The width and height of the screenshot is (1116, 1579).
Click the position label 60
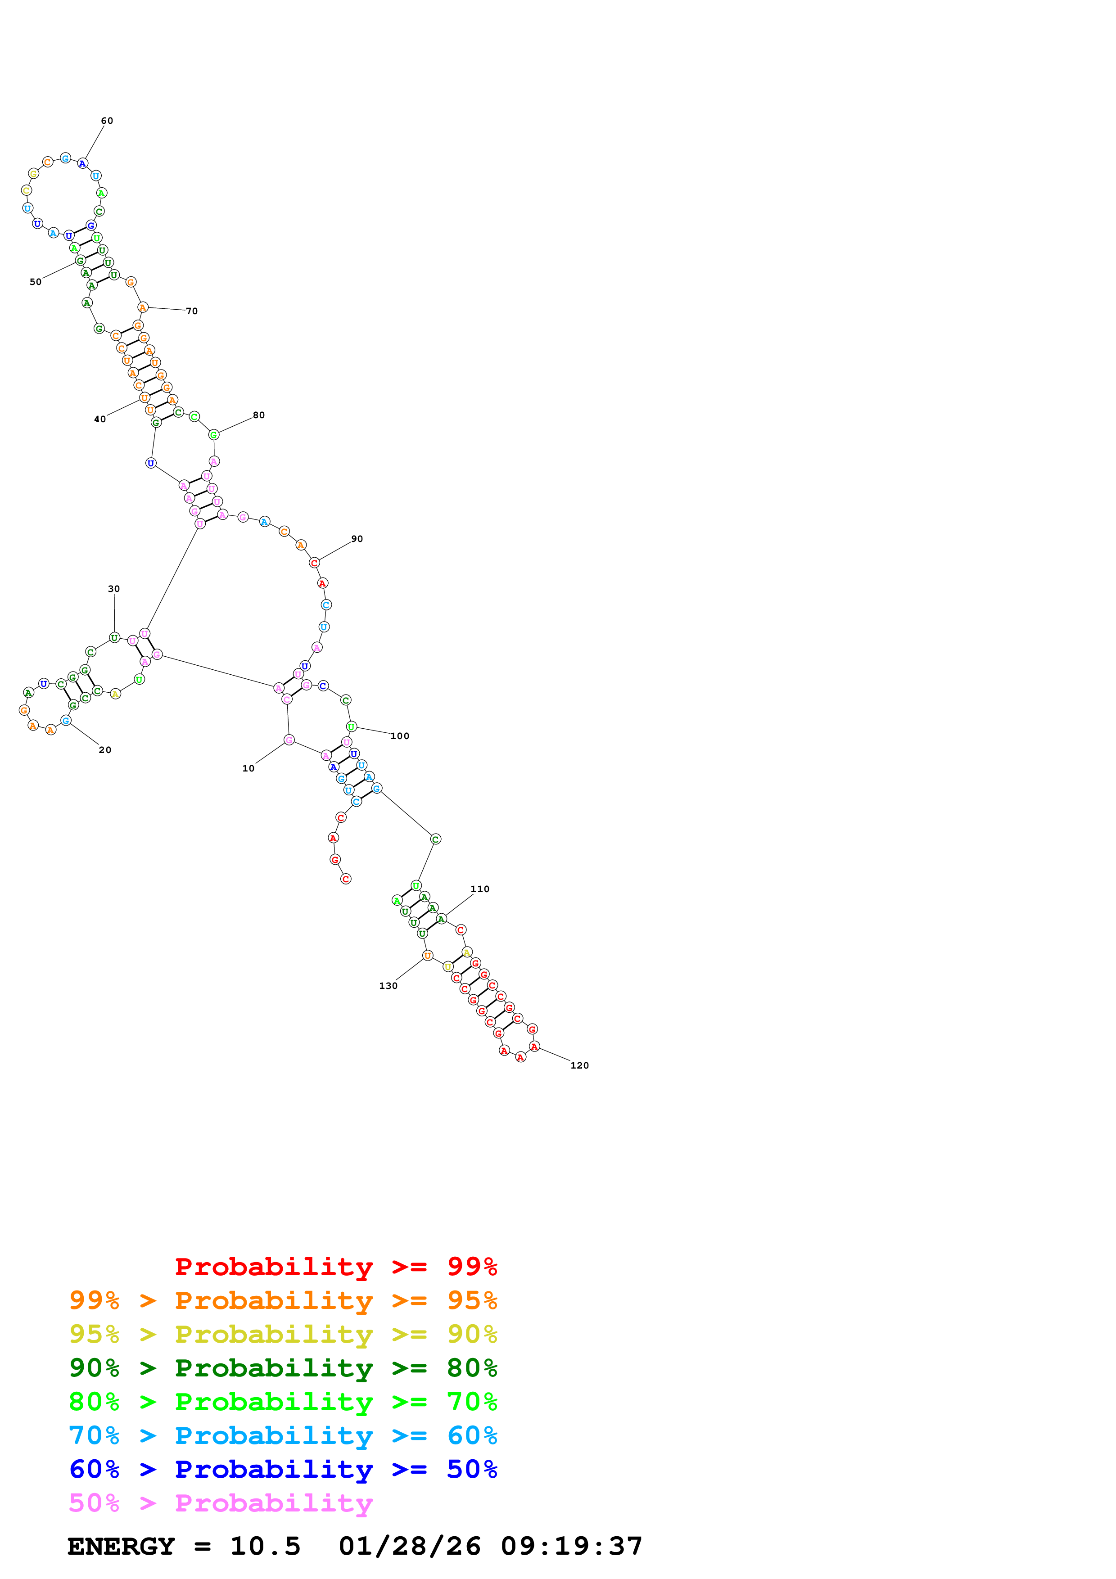(107, 121)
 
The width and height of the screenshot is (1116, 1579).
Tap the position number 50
(36, 282)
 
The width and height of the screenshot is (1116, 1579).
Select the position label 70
(192, 311)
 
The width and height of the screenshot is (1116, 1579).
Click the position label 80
(258, 415)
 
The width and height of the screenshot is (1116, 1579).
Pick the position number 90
(357, 539)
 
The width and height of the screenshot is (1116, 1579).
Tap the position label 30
(114, 589)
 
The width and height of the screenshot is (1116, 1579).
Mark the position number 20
(105, 750)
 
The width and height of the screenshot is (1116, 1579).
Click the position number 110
(480, 890)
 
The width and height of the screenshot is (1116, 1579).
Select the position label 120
(580, 1066)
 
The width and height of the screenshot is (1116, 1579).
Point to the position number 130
(389, 986)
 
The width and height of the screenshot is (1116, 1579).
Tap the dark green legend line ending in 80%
(283, 1368)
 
